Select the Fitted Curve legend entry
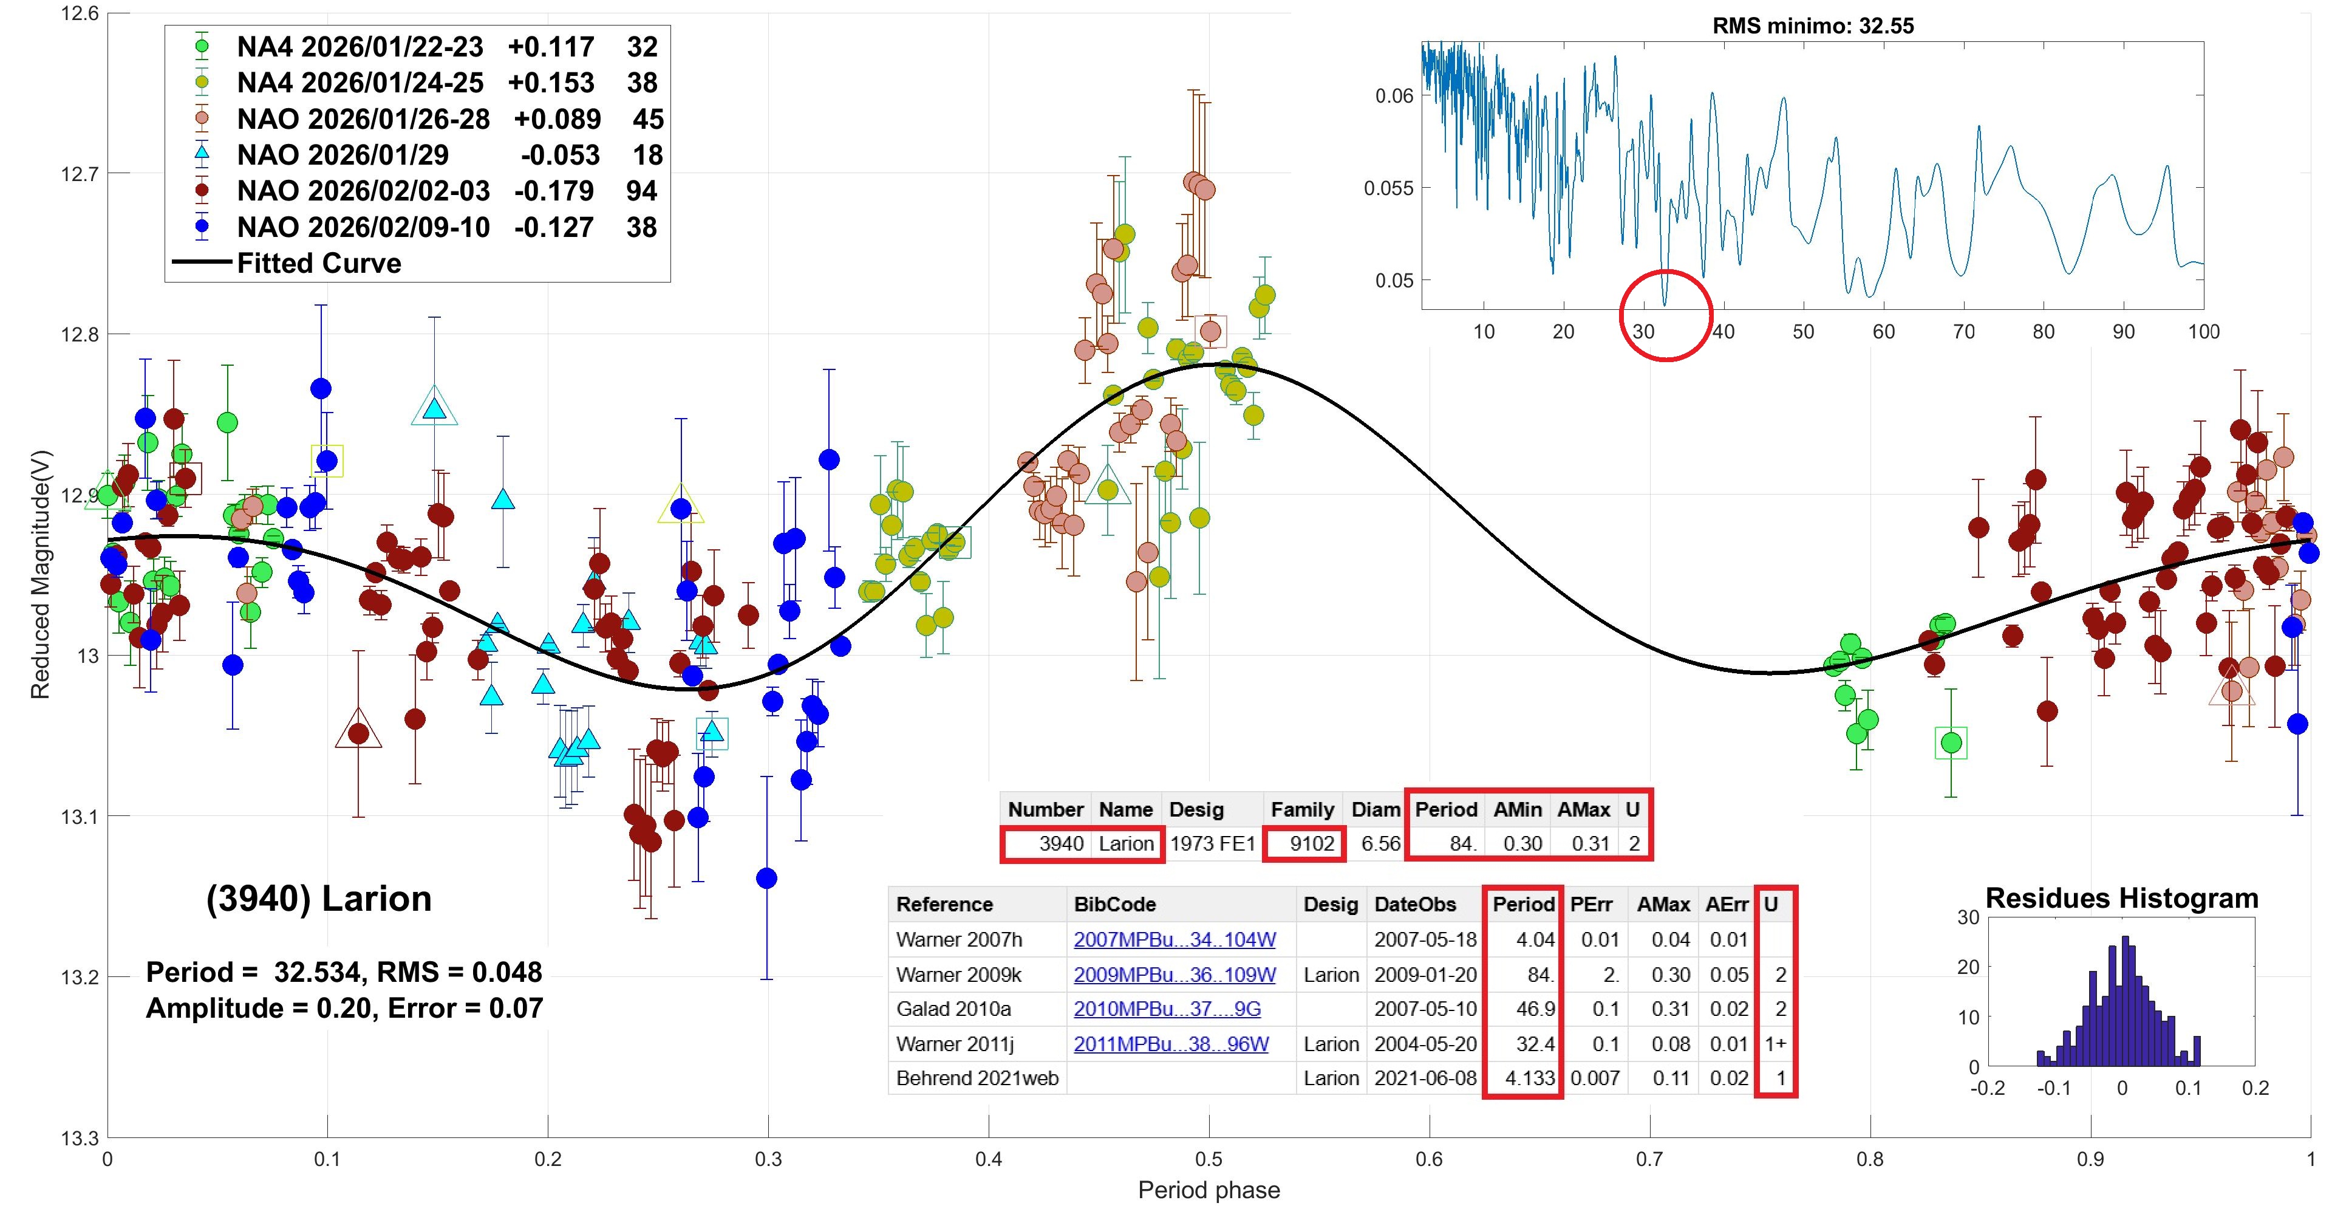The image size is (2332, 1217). (319, 264)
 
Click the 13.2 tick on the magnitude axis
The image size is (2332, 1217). (80, 977)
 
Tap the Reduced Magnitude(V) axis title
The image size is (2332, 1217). (40, 574)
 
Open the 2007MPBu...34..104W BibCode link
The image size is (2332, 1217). (1174, 940)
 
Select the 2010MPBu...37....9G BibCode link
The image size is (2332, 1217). (1167, 1009)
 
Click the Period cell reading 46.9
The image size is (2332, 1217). (1535, 1009)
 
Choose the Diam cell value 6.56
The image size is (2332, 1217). (1380, 844)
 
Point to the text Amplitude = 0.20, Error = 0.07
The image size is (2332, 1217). (344, 1008)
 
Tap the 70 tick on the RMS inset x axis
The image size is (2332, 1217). (1963, 331)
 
